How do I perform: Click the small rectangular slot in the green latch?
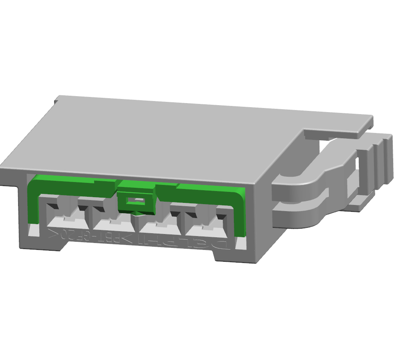click(x=136, y=201)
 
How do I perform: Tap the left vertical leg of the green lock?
click(x=33, y=205)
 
